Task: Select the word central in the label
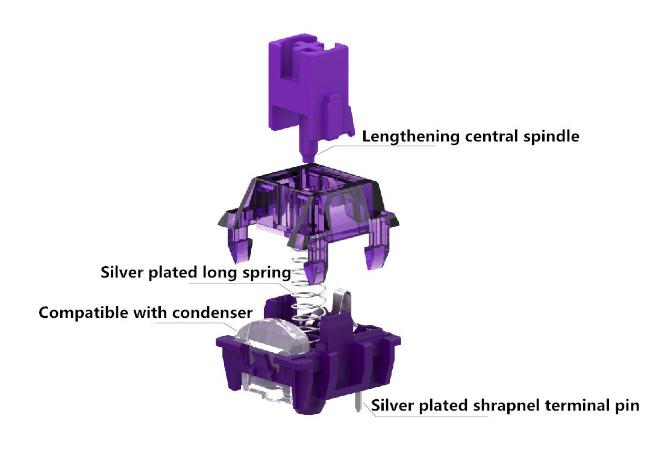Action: pos(489,137)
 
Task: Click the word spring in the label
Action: pos(265,273)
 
